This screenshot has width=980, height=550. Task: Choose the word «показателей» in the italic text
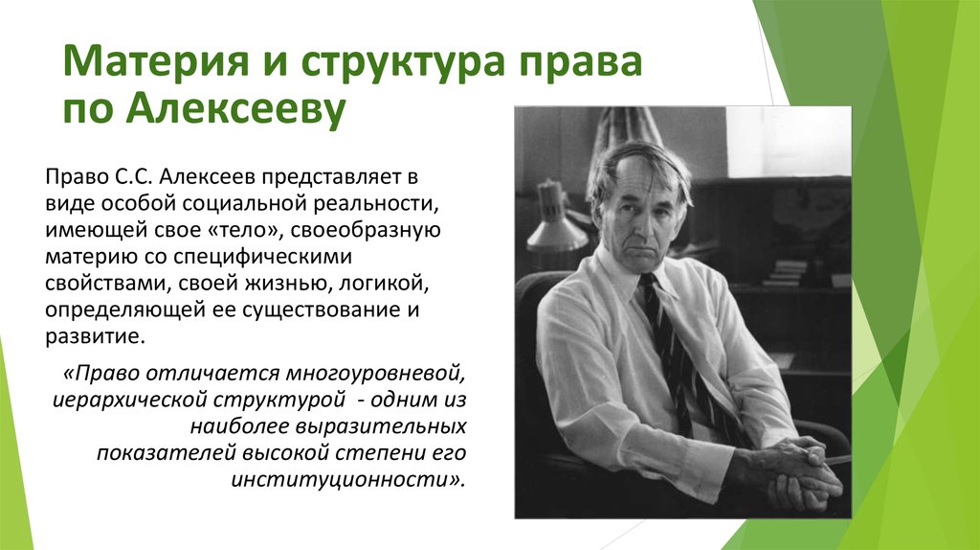click(143, 451)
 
